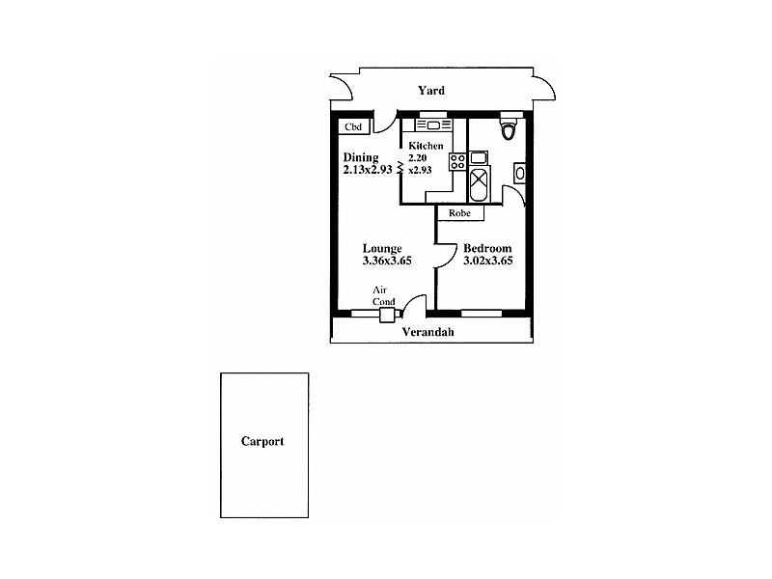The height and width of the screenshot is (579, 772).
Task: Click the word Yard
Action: (430, 91)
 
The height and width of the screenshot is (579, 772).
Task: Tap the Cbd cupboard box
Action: (354, 127)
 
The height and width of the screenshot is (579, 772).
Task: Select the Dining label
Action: (360, 157)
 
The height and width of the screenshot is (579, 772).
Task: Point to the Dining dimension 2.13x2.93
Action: (367, 170)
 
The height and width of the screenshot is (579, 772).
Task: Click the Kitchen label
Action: (426, 146)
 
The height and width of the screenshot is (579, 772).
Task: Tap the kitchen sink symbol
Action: (433, 125)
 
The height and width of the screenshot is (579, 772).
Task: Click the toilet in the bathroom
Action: (510, 127)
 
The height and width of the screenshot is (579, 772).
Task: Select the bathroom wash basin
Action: (521, 174)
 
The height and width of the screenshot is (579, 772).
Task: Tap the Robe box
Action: (459, 212)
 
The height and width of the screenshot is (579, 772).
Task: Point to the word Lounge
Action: (382, 248)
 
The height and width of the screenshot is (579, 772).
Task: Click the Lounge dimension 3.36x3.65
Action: (388, 261)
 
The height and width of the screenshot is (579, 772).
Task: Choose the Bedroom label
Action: (487, 248)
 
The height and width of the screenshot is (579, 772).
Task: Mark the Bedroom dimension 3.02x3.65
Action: (487, 261)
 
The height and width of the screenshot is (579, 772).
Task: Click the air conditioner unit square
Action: (388, 314)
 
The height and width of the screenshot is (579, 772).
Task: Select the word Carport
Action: (262, 442)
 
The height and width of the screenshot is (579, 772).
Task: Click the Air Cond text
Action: (384, 294)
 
